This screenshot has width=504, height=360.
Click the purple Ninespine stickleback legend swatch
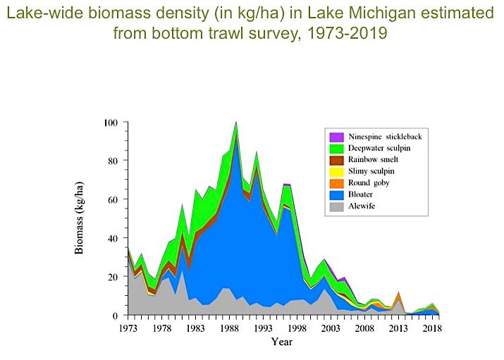336,136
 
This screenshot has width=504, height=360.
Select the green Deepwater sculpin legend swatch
336,149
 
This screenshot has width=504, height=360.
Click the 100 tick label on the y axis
111,123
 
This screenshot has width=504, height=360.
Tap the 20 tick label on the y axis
113,277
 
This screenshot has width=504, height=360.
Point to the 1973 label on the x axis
128,328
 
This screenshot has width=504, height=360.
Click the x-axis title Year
281,342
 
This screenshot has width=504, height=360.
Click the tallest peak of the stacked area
236,123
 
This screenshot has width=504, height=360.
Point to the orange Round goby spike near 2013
399,294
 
